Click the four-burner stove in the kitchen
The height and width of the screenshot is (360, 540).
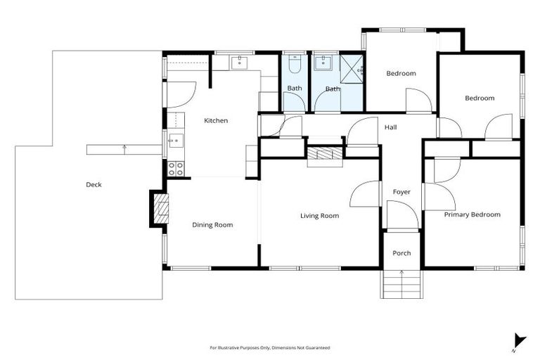click(176, 169)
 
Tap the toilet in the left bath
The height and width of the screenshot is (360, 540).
click(295, 67)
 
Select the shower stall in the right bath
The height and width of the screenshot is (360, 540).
click(351, 67)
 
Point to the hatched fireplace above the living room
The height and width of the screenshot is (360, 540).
click(324, 155)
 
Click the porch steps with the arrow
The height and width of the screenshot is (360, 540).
click(401, 284)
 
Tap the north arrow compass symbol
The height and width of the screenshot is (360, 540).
click(518, 341)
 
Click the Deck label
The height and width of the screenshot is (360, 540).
click(94, 185)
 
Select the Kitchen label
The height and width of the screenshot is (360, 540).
click(216, 121)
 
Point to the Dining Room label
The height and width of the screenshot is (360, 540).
click(212, 225)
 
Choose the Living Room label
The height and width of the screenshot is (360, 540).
click(319, 216)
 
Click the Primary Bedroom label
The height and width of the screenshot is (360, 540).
click(472, 214)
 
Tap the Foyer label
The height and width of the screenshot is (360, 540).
click(401, 192)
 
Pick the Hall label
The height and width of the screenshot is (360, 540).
click(391, 127)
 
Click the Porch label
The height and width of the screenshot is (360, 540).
click(401, 253)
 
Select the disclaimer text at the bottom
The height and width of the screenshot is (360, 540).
click(270, 348)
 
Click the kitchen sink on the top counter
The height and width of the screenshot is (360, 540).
click(240, 63)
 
